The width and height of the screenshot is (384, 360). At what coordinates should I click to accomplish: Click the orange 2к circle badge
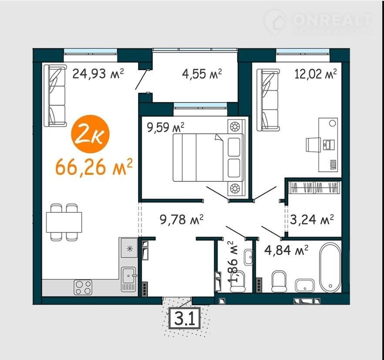[90, 134]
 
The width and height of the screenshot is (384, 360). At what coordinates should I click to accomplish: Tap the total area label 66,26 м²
[94, 167]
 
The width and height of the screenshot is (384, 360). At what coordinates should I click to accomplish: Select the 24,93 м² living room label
[98, 73]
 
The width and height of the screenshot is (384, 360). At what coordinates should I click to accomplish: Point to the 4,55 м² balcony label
[202, 73]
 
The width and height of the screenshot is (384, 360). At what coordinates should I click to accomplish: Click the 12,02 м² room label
[316, 73]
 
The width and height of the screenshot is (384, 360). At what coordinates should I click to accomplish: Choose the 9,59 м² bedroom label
[165, 127]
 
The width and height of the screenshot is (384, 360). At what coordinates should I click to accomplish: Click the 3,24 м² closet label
[312, 219]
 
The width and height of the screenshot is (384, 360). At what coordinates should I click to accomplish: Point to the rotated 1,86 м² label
[233, 262]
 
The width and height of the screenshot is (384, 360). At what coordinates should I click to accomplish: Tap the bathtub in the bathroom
[330, 268]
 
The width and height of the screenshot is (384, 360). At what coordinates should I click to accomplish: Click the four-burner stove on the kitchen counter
[83, 287]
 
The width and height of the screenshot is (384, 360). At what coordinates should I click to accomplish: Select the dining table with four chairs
[64, 222]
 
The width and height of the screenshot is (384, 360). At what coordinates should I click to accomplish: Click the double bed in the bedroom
[209, 157]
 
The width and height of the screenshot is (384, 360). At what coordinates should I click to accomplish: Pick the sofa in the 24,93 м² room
[55, 95]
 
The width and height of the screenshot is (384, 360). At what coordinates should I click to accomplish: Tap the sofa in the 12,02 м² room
[268, 100]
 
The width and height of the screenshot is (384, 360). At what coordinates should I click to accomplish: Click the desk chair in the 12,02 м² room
[313, 144]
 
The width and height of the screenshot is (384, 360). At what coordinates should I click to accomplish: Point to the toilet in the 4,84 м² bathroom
[280, 281]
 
